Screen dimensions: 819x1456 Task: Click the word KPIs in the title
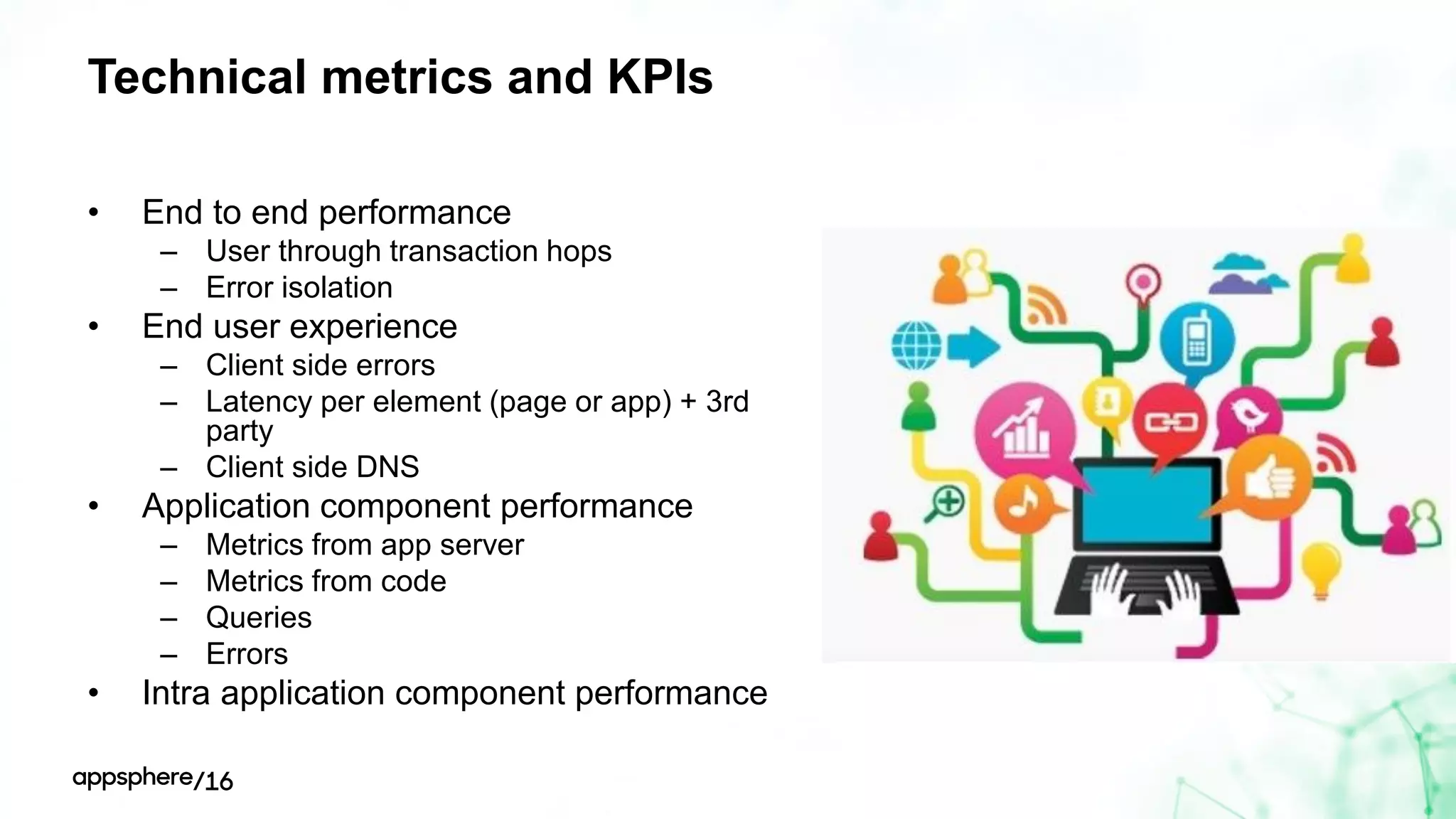pyautogui.click(x=660, y=77)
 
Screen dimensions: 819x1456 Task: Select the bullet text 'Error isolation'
pyautogui.click(x=299, y=288)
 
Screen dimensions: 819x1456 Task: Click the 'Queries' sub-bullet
pyautogui.click(x=259, y=618)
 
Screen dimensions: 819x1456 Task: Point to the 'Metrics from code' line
pyautogui.click(x=326, y=582)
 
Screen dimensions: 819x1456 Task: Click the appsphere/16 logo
pyautogui.click(x=152, y=779)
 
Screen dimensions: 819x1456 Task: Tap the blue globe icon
pyautogui.click(x=916, y=346)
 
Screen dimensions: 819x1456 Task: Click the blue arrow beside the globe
pyautogui.click(x=973, y=346)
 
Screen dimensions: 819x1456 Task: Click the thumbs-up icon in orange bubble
pyautogui.click(x=1270, y=478)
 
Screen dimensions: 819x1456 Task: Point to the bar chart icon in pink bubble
pyautogui.click(x=1024, y=430)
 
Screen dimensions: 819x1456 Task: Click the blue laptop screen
pyautogui.click(x=1146, y=503)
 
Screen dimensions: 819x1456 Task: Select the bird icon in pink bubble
pyautogui.click(x=1248, y=414)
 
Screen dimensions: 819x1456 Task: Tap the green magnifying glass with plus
pyautogui.click(x=946, y=503)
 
